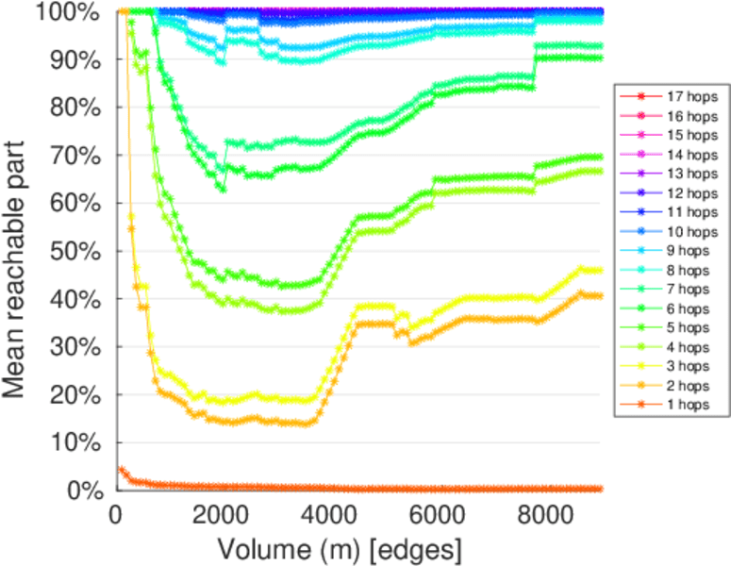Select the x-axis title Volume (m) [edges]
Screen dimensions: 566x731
340,548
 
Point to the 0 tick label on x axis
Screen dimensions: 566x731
115,514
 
